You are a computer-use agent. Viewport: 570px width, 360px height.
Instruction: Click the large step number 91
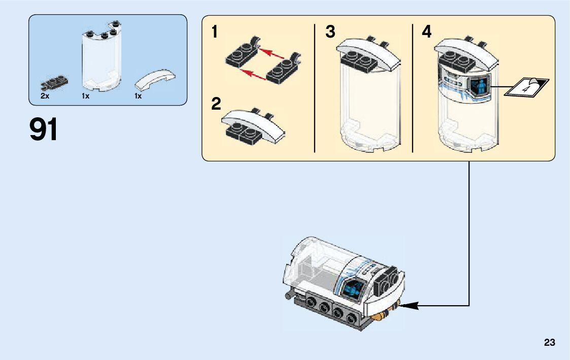[44, 129]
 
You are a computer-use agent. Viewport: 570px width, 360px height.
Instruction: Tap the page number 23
[549, 343]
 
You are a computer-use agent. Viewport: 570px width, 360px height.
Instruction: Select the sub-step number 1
[215, 32]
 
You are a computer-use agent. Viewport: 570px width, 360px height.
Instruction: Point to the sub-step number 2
[216, 105]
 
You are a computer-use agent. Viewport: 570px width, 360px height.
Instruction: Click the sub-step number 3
[330, 32]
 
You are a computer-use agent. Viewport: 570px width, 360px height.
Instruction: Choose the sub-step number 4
[427, 32]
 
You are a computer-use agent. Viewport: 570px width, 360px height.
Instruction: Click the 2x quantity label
[45, 96]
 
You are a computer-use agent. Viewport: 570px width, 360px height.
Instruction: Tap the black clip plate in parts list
[54, 83]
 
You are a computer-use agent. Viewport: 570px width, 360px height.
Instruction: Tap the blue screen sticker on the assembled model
[353, 290]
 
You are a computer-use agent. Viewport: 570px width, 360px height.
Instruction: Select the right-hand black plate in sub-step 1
[282, 70]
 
